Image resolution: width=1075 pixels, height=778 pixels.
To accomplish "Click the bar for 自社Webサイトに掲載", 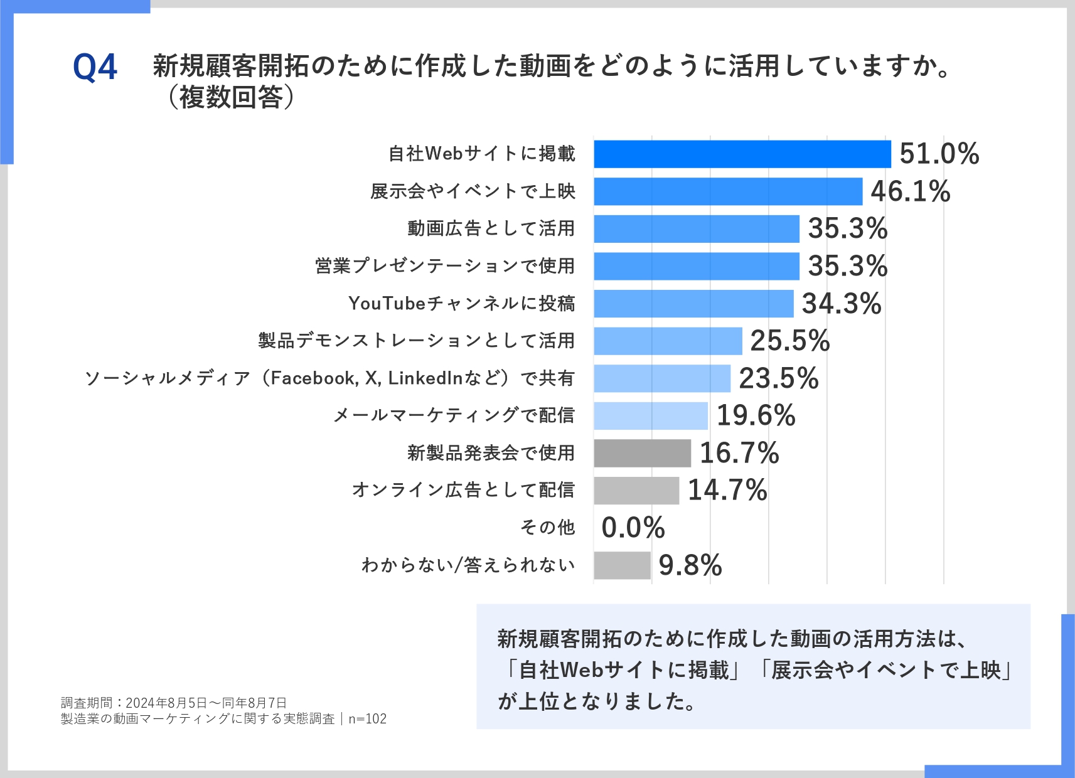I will click(742, 154).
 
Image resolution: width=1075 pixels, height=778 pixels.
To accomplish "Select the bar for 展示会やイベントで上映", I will click(728, 191).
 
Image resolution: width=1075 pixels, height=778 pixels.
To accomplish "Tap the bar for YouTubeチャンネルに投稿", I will click(693, 304).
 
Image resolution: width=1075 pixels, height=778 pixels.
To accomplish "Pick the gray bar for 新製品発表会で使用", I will click(642, 453).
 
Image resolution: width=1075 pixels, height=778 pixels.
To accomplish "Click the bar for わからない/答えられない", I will click(622, 565).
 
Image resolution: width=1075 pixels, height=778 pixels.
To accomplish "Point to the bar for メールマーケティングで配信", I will click(651, 415).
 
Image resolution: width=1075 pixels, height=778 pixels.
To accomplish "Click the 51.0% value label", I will click(939, 154).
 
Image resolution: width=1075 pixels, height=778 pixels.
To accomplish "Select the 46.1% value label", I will click(910, 191).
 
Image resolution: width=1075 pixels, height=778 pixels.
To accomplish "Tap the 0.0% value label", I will click(633, 528).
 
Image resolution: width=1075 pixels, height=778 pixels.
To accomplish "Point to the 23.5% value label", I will click(778, 378).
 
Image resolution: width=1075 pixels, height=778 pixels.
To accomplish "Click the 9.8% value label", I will click(690, 565).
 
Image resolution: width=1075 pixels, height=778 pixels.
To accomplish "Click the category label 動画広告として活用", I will click(491, 228).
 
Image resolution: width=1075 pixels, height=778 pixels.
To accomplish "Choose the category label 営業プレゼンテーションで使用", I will click(444, 266).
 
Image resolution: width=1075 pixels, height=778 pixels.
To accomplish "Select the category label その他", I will click(547, 528).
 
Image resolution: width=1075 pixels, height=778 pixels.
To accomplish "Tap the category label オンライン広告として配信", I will click(463, 490).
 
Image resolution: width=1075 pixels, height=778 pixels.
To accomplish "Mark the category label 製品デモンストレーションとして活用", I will click(416, 341).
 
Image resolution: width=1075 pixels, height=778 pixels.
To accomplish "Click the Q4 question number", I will click(95, 67).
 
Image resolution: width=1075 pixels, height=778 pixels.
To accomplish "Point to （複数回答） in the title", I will click(231, 97).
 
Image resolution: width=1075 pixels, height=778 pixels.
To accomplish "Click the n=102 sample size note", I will click(368, 719).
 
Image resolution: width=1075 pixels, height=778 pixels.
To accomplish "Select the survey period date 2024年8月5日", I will click(166, 703).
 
